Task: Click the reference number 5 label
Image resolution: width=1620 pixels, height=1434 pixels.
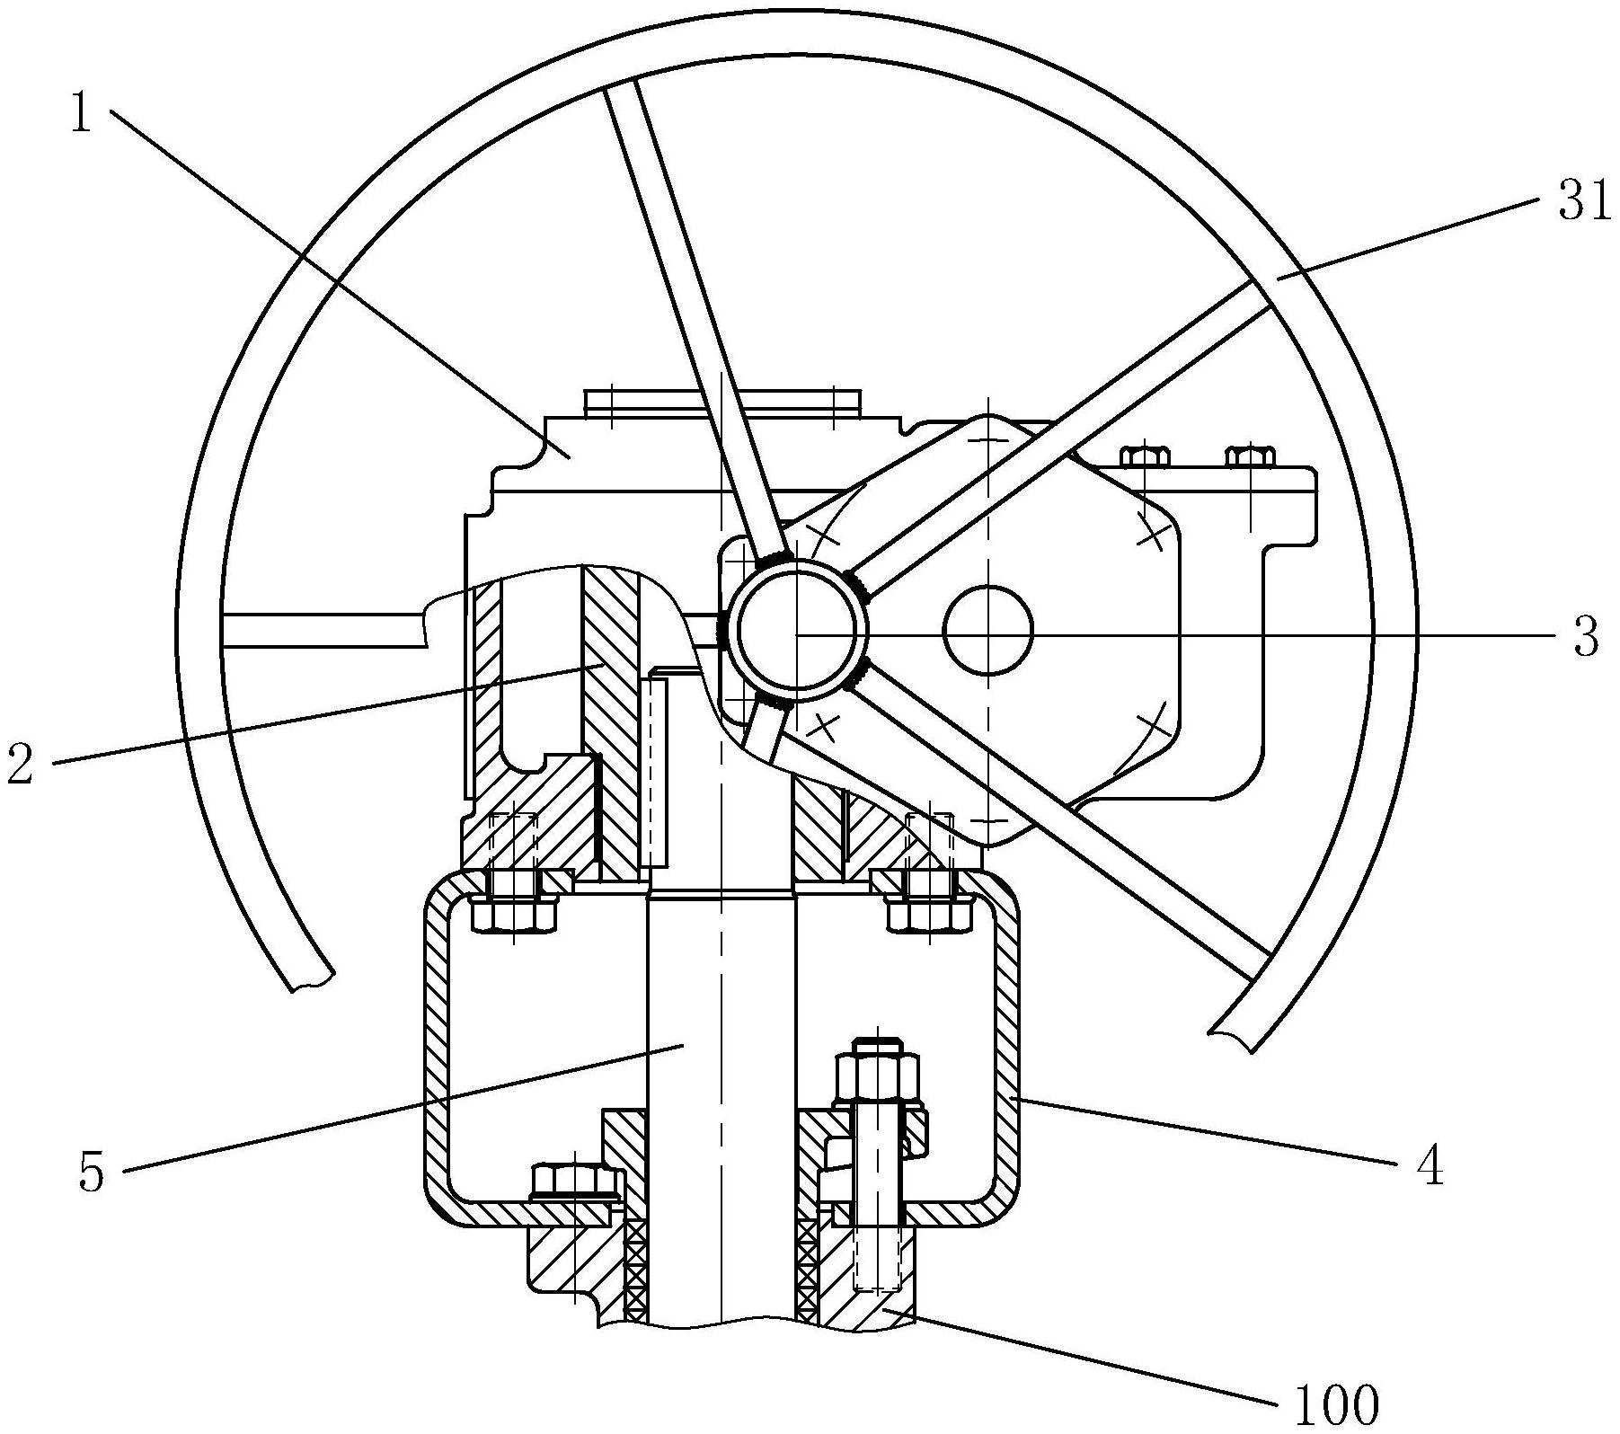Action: coord(93,1173)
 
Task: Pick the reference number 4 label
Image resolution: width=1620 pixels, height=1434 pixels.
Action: coord(1430,1168)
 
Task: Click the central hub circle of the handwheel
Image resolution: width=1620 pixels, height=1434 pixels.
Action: coord(797,633)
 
